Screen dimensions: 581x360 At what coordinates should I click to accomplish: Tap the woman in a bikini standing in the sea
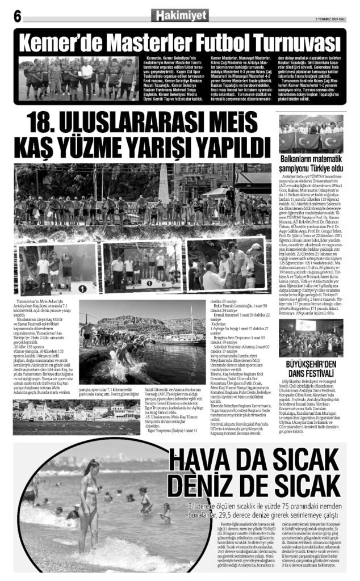coord(90,507)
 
